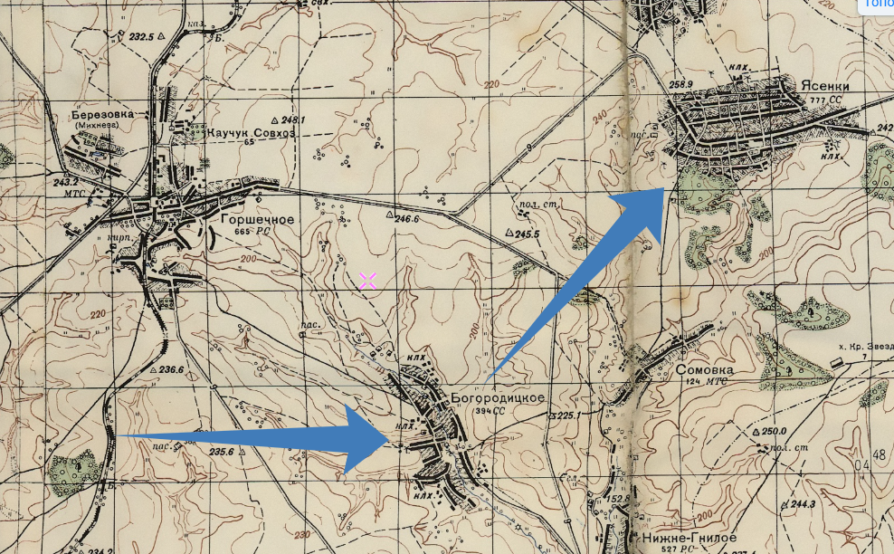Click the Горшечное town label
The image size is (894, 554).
257,219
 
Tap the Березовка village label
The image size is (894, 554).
103,114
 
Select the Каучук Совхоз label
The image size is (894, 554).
251,133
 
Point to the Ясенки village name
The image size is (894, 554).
824,84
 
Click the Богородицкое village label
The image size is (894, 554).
498,398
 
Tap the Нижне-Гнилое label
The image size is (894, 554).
678,537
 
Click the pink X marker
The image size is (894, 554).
367,281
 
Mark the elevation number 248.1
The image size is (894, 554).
294,119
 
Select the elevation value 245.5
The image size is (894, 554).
528,234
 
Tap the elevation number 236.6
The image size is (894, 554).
171,369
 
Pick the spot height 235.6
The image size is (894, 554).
222,452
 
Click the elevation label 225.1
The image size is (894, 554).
567,416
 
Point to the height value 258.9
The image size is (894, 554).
680,84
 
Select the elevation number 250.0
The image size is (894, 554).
775,431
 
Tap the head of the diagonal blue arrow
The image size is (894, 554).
665,191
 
